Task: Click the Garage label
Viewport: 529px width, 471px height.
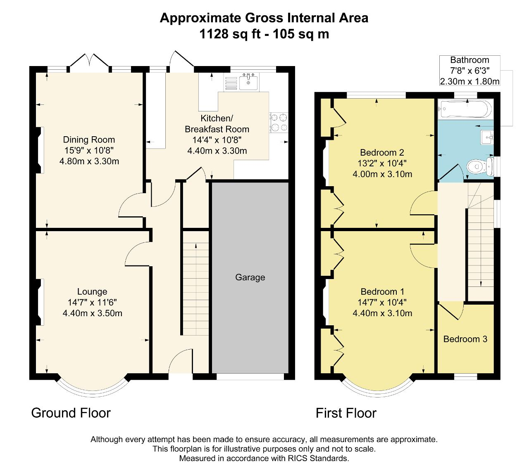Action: click(x=250, y=277)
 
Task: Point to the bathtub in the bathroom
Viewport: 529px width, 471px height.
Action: click(x=466, y=109)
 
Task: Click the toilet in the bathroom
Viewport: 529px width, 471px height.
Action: click(x=480, y=166)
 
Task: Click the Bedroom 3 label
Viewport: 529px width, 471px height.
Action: click(x=465, y=339)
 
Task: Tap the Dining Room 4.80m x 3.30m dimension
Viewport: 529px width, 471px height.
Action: click(x=89, y=161)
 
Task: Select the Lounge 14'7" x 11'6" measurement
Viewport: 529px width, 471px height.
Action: click(x=92, y=302)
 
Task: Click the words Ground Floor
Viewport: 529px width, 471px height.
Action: click(x=71, y=413)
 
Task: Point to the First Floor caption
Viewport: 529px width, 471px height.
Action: click(x=346, y=413)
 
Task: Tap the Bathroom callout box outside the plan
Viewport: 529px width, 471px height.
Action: click(x=469, y=71)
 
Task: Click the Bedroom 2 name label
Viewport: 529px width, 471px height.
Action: click(x=382, y=152)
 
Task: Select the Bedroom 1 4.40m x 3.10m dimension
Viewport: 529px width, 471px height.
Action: click(x=382, y=313)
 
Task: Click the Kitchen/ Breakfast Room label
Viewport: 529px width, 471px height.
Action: click(x=217, y=123)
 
